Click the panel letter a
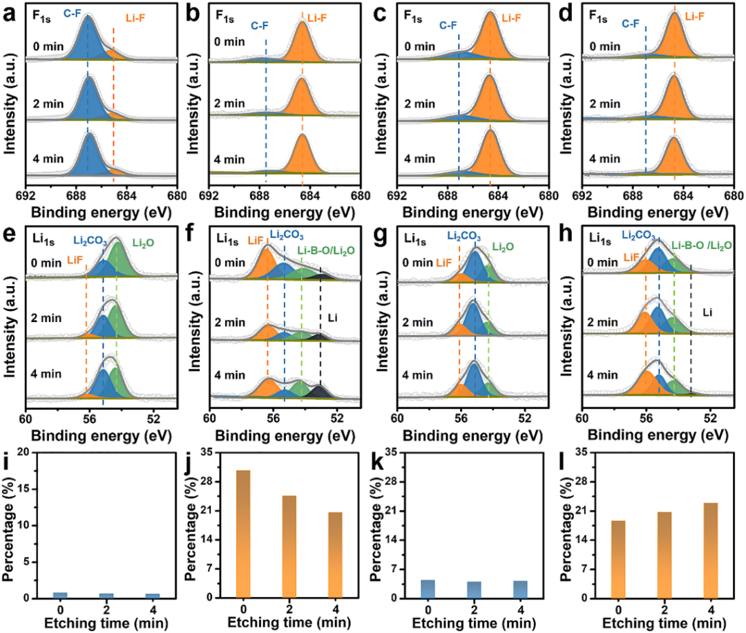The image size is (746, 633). (x=9, y=12)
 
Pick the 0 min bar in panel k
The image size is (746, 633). (x=428, y=589)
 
